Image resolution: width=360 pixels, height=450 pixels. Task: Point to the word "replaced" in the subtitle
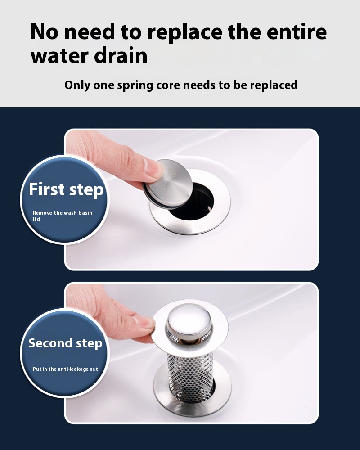pyautogui.click(x=274, y=85)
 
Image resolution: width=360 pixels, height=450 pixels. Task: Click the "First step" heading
pyautogui.click(x=66, y=189)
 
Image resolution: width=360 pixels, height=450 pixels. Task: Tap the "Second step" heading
pyautogui.click(x=65, y=343)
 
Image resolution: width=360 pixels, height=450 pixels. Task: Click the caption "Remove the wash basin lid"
pyautogui.click(x=63, y=216)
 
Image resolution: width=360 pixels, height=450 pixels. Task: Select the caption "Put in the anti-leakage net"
pyautogui.click(x=65, y=369)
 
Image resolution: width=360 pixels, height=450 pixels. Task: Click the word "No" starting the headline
pyautogui.click(x=45, y=32)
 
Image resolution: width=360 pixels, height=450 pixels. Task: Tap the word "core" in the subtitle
pyautogui.click(x=168, y=85)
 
